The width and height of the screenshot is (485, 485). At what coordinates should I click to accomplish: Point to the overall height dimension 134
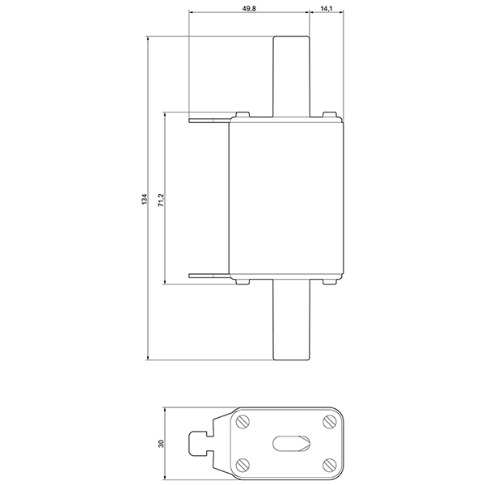144,198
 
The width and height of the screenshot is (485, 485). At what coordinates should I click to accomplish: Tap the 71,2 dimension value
161,199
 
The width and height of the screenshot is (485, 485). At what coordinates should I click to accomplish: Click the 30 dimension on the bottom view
161,444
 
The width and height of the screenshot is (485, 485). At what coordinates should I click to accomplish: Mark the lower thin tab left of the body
209,277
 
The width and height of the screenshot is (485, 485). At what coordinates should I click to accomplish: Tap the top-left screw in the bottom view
243,422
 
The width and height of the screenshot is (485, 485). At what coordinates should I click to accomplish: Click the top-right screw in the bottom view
328,422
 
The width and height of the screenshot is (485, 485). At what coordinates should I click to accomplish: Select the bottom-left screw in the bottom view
243,464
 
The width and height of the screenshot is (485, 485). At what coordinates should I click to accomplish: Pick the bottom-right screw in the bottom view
328,464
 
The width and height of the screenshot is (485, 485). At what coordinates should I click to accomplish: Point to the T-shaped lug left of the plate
203,443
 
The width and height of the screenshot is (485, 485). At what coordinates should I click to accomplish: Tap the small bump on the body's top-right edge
328,116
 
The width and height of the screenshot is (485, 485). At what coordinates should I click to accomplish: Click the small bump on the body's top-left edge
242,116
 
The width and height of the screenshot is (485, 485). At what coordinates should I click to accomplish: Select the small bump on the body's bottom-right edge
328,282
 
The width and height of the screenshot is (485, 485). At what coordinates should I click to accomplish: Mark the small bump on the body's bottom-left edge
242,282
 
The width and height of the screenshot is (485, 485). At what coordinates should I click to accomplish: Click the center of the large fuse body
288,199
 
